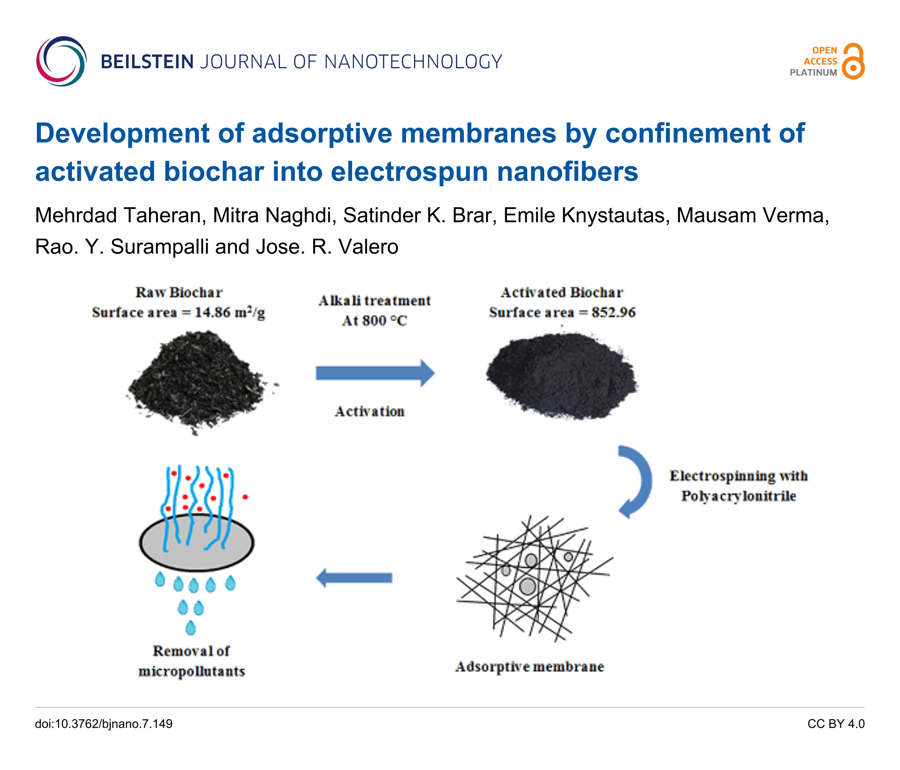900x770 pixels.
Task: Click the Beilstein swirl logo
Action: [61, 61]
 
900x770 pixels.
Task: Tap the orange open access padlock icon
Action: [853, 61]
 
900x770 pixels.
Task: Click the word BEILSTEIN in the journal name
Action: [147, 62]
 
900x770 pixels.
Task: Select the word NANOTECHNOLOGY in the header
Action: [413, 62]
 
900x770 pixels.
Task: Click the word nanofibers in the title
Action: [567, 171]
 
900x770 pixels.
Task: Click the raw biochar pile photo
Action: [198, 380]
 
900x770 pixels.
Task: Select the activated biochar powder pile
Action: [562, 376]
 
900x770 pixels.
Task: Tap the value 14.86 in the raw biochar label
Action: [212, 312]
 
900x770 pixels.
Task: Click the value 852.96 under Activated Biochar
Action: [613, 312]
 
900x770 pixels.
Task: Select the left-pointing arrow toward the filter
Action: [354, 577]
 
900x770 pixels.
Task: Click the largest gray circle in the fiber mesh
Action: [528, 586]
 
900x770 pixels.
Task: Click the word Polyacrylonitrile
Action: [738, 496]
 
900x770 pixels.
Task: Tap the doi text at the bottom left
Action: [104, 724]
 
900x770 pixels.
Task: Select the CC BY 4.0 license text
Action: [836, 724]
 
